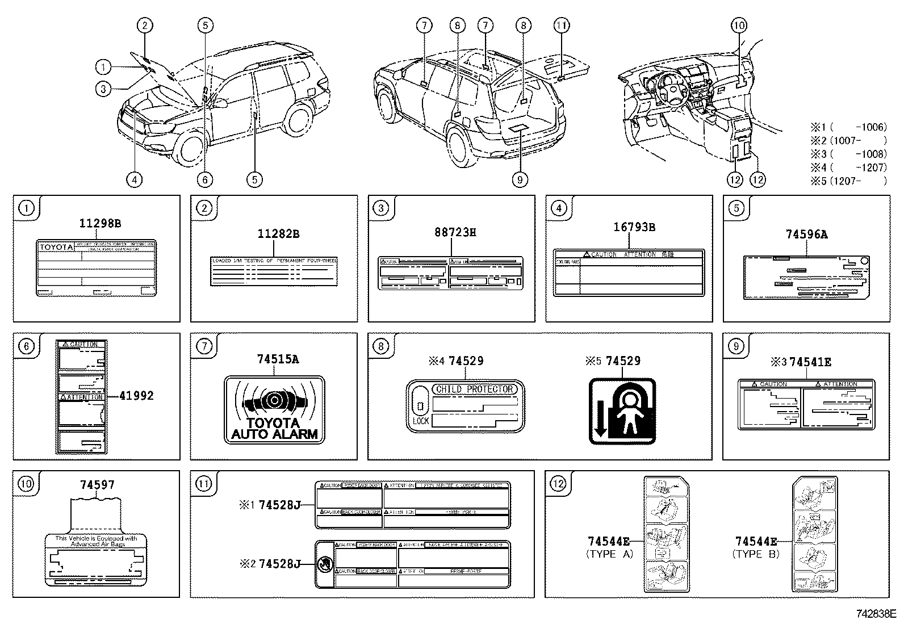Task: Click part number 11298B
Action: [100, 224]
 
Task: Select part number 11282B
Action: [278, 233]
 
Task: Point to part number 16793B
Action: [634, 227]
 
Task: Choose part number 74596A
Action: [807, 233]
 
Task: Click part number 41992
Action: [136, 396]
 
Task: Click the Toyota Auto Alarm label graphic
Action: [274, 409]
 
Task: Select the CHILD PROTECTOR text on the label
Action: [474, 389]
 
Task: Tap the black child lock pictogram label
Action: [622, 412]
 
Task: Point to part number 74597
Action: [97, 484]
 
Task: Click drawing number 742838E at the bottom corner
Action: [876, 614]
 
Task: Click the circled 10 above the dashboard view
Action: [739, 25]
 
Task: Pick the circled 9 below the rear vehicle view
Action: [520, 179]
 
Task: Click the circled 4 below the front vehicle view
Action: [134, 179]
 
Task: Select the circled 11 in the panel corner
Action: [203, 483]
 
